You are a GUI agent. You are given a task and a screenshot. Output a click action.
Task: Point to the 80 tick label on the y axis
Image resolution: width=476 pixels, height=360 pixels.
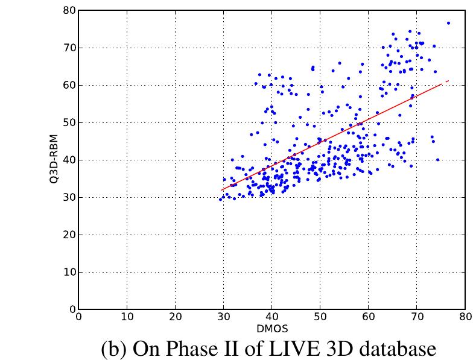click(x=69, y=10)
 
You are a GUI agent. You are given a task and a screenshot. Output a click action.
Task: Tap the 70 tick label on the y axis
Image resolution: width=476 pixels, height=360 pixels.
click(x=69, y=48)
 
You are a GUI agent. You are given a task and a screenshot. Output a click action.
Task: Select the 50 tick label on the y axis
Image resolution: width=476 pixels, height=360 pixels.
click(x=69, y=122)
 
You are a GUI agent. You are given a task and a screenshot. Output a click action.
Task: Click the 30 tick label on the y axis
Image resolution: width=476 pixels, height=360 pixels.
click(x=69, y=197)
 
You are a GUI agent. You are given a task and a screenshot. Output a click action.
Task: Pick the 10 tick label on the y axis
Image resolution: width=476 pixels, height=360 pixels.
click(x=69, y=272)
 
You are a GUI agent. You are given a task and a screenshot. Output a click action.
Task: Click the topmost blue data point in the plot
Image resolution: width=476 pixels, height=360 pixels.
click(x=448, y=23)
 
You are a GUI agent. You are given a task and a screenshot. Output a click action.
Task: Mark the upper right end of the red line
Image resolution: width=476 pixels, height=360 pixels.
click(x=449, y=81)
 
